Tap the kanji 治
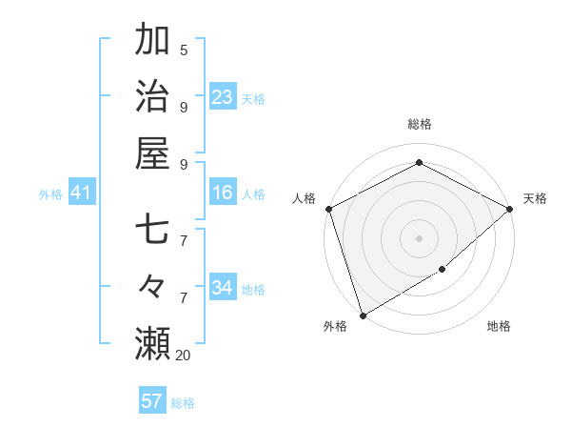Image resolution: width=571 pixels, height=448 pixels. [x=152, y=96]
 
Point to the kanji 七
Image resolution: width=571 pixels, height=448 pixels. [x=152, y=232]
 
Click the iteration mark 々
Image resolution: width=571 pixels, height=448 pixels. [x=152, y=287]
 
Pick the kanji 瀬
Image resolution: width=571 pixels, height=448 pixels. [x=152, y=343]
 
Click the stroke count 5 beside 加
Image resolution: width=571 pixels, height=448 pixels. [x=184, y=51]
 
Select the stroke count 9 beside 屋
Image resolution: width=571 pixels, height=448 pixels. [x=184, y=164]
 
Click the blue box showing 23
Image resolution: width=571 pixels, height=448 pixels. [x=223, y=96]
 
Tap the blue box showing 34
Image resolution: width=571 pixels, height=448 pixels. [x=223, y=288]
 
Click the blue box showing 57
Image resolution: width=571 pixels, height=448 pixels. [x=152, y=401]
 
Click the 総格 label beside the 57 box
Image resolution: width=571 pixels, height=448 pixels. [x=183, y=403]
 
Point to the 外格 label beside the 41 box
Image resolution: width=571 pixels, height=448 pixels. [x=50, y=194]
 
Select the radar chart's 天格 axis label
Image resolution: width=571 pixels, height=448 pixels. [x=535, y=198]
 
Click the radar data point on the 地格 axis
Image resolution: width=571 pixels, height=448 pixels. [x=443, y=271]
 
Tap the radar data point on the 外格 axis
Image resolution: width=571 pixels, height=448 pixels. [x=363, y=315]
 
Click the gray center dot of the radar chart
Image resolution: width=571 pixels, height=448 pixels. [x=419, y=237]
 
